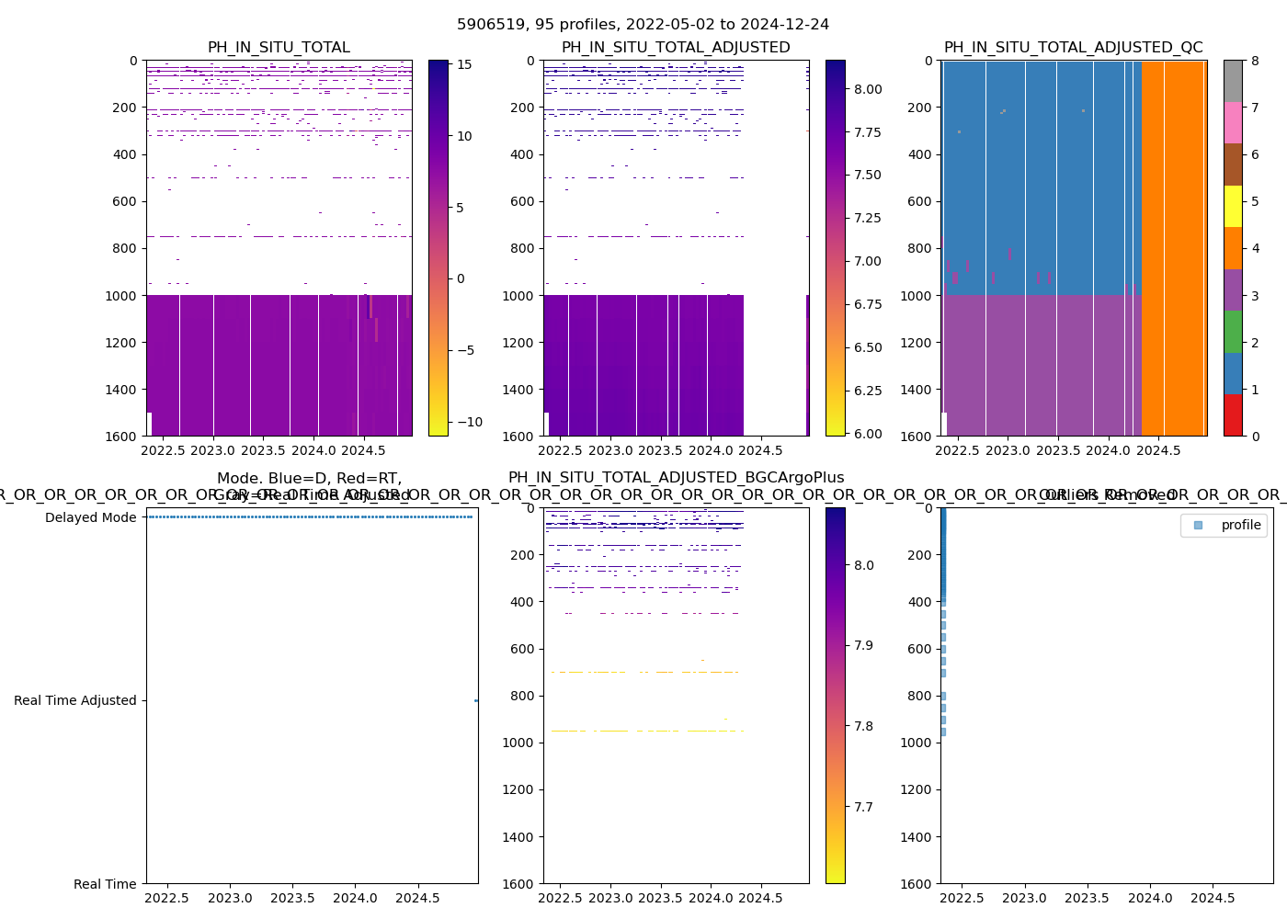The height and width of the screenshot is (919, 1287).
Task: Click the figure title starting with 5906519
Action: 643,25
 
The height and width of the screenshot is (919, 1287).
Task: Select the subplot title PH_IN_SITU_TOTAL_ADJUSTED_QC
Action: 1073,48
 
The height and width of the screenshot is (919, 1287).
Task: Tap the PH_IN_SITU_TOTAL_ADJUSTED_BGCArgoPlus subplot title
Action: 676,478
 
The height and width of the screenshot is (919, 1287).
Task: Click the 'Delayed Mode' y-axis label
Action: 90,517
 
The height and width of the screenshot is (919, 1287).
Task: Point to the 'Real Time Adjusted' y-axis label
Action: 74,700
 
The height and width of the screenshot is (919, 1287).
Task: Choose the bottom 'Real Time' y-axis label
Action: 105,884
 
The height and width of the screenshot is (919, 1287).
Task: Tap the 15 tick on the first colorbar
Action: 464,64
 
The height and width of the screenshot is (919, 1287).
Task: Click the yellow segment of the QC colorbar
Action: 1233,207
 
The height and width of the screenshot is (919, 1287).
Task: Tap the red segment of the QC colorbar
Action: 1233,415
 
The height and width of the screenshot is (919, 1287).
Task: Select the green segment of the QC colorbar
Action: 1233,332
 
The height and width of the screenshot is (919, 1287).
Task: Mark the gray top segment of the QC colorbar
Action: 1233,81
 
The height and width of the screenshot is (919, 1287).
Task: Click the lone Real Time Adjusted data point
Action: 476,700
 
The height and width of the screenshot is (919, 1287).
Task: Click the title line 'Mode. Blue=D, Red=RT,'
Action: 309,478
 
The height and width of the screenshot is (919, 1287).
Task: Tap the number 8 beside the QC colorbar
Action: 1255,61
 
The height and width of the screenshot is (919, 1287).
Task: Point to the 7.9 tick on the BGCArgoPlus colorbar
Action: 863,645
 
